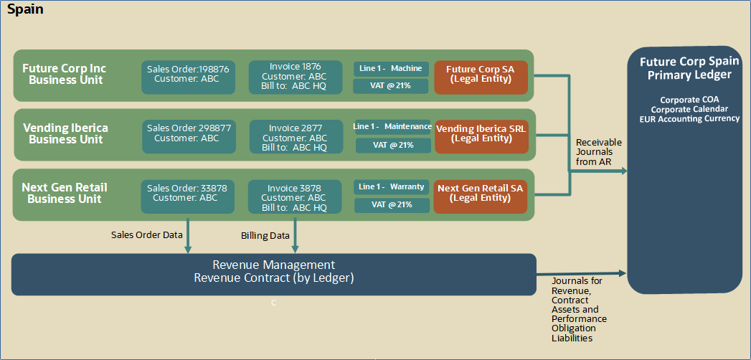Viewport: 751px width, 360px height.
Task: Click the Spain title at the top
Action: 25,10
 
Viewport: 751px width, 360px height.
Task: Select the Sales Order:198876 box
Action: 188,75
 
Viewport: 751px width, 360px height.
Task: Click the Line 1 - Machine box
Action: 391,69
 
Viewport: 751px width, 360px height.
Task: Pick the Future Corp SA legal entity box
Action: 481,75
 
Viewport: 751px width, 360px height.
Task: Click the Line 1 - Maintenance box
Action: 392,127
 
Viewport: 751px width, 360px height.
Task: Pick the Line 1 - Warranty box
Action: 391,186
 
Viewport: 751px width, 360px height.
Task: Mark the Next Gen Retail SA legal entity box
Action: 481,193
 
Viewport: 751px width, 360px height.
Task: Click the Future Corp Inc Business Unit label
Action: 65,75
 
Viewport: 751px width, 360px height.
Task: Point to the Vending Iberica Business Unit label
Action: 65,133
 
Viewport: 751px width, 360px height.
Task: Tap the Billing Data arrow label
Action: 265,235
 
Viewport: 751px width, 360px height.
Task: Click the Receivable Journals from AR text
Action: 599,152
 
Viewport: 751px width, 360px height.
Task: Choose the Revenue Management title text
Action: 274,265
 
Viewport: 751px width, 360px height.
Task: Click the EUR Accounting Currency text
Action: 689,118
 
